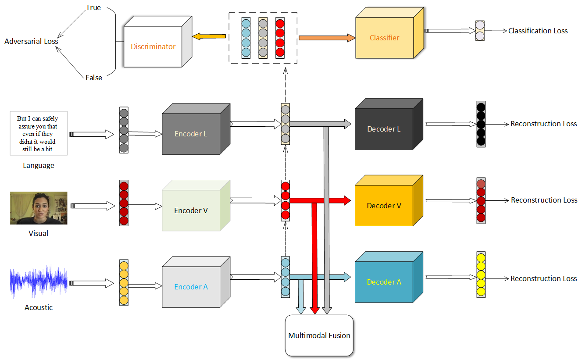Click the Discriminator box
pos(153,46)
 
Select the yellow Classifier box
pos(384,38)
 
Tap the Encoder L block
pos(191,134)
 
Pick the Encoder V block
pos(191,210)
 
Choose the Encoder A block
pos(191,287)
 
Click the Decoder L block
pos(384,129)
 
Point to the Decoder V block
pos(384,206)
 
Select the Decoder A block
pos(384,282)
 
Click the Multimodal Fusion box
pos(319,335)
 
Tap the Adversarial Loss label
pos(31,41)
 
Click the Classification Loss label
pos(538,31)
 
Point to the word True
pos(93,8)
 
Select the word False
pos(94,78)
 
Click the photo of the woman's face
pos(39,208)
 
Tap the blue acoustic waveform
pos(39,281)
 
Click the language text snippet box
pos(39,133)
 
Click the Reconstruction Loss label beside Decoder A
pos(543,278)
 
